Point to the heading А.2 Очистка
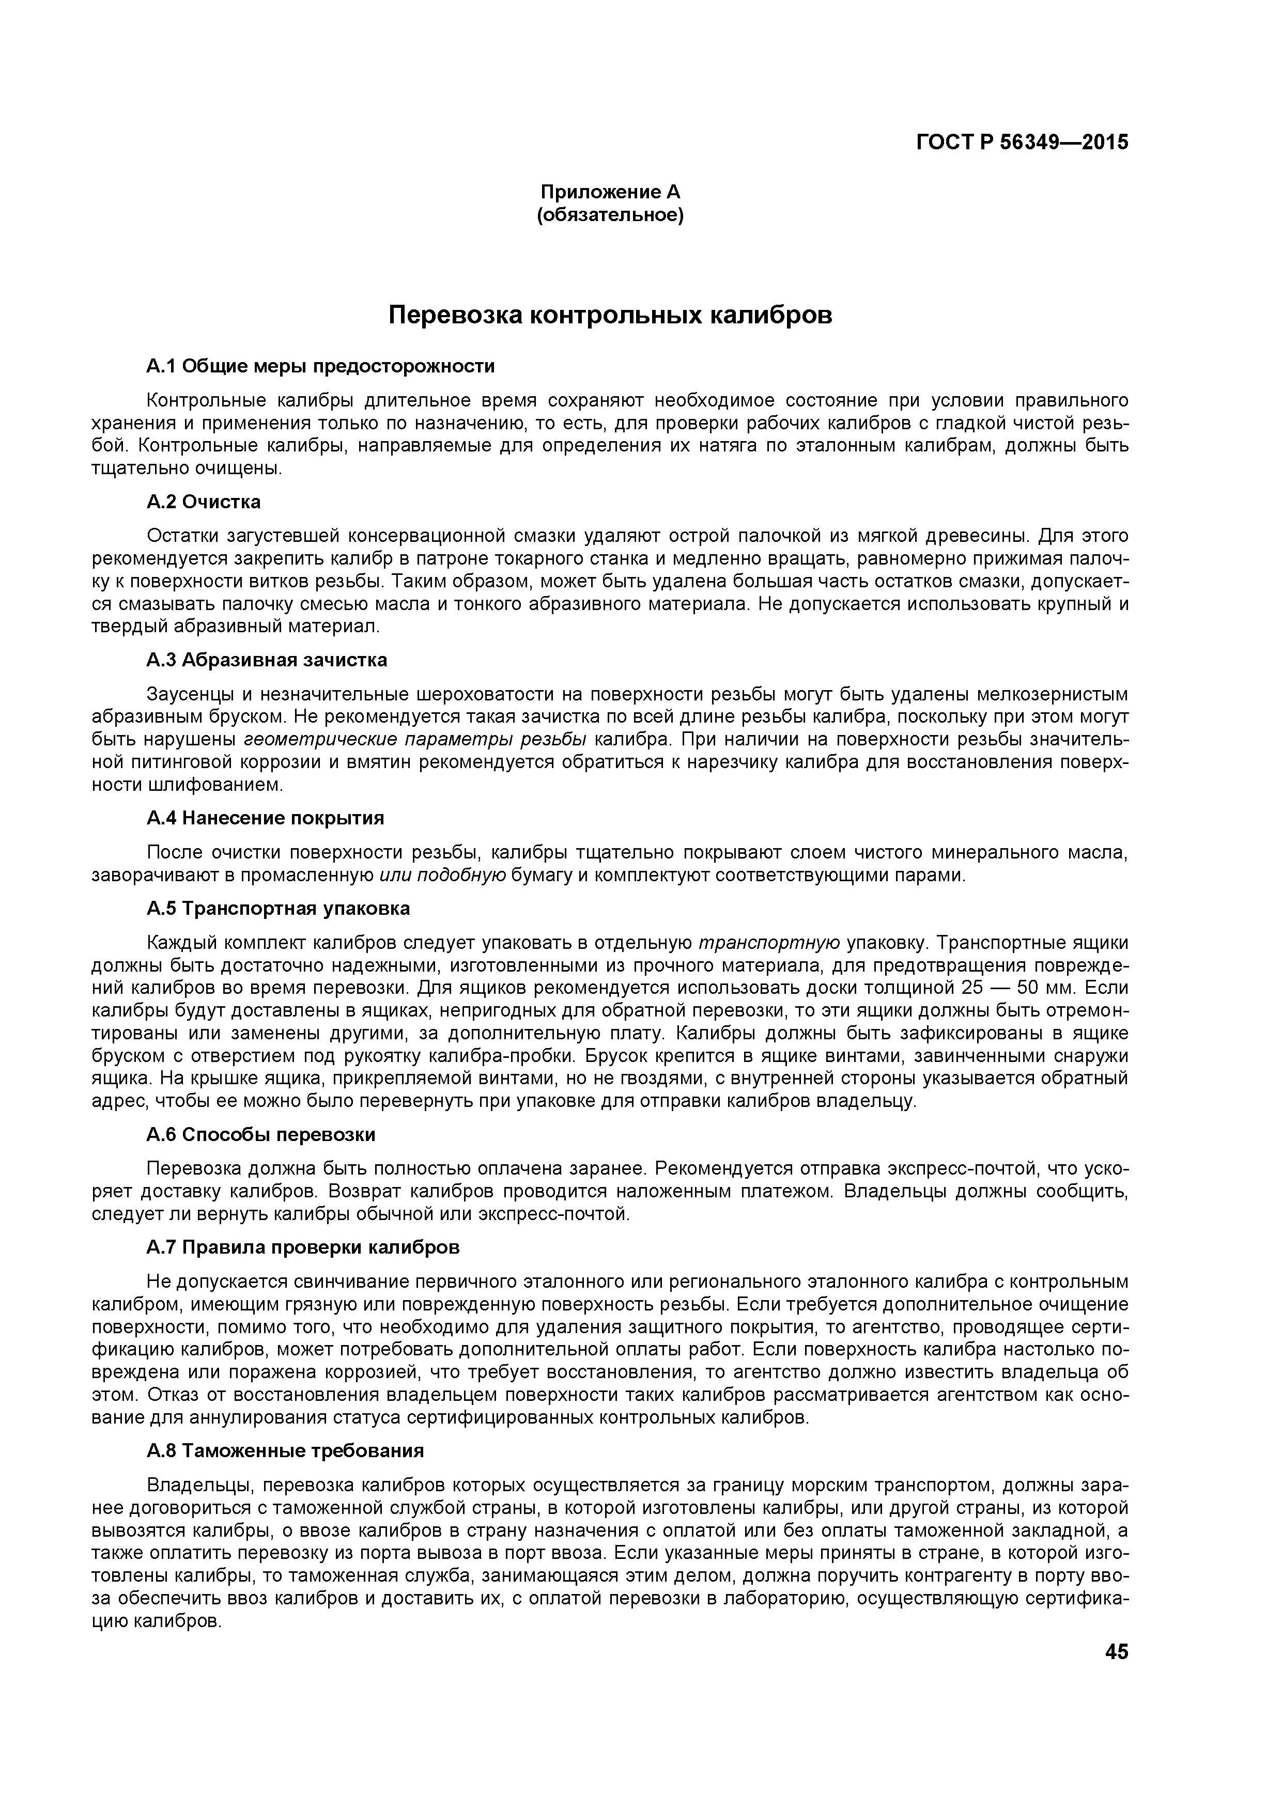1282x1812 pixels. point(204,502)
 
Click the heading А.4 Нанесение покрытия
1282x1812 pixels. point(265,818)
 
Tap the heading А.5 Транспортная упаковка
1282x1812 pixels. point(278,909)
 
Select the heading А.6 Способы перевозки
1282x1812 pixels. point(260,1135)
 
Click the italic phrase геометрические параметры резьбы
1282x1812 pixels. point(415,740)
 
